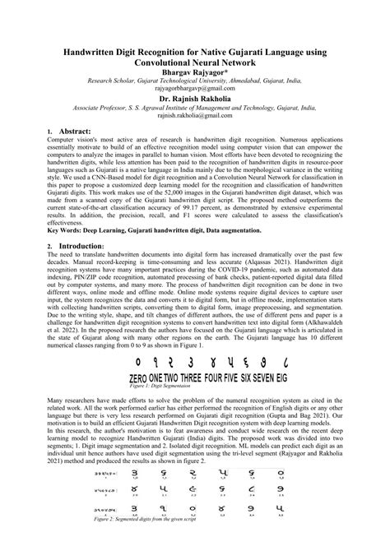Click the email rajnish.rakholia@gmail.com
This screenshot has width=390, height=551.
[194, 117]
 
